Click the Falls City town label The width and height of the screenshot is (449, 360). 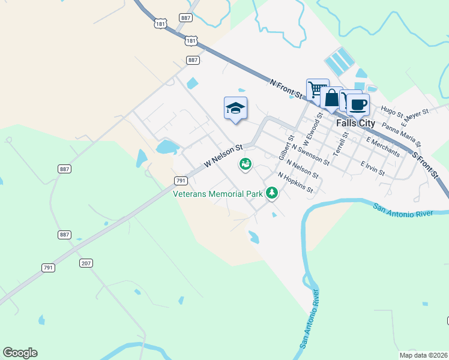pos(355,123)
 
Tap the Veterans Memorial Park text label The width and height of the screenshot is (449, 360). pos(218,194)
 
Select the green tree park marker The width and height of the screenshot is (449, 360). pos(273,193)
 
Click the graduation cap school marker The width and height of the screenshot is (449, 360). pos(236,108)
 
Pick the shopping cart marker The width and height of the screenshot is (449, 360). pos(317,90)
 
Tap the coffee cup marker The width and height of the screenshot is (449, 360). pos(358,104)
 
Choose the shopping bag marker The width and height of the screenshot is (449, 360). pos(331,98)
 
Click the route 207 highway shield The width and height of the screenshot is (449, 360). pos(86,263)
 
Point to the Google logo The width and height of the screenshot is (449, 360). pos(20,353)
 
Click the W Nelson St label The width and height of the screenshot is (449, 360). pos(223,155)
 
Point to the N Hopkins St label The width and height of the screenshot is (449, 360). pos(295,183)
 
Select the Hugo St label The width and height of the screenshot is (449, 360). pos(392,110)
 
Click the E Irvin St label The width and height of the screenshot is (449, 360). pos(372,167)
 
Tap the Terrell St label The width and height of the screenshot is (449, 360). pos(342,143)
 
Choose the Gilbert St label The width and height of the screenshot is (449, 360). pos(286,147)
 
